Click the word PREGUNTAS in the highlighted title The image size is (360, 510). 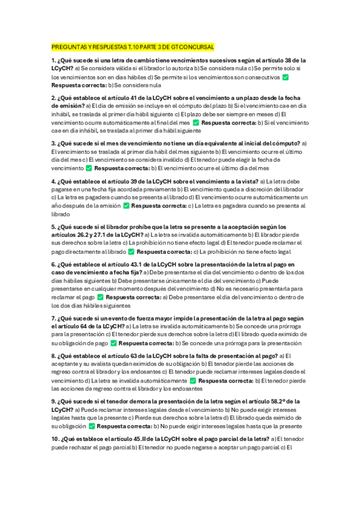click(69, 47)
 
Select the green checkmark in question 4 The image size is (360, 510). click(126, 206)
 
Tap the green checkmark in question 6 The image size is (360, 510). click(100, 297)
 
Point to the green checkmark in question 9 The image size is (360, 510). click(92, 426)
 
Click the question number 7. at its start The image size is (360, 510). click(54, 318)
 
